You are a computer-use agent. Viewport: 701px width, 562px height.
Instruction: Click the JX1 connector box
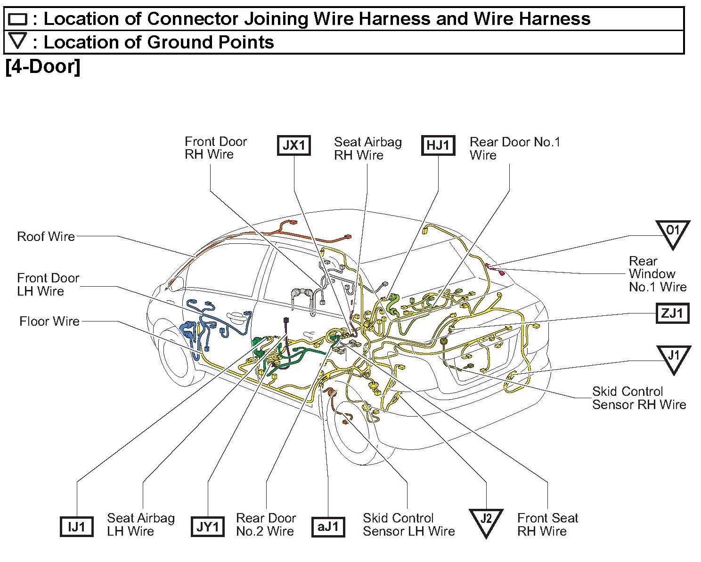293,145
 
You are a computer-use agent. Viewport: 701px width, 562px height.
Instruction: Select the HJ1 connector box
438,145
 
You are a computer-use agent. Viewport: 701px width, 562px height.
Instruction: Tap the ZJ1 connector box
672,313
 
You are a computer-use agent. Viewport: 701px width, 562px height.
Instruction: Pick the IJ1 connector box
77,526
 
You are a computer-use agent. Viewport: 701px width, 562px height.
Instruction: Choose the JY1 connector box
207,526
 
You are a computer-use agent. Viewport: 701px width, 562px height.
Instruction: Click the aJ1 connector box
328,526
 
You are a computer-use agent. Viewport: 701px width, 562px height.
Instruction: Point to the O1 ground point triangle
673,233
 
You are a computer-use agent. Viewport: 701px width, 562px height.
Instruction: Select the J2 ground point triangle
486,521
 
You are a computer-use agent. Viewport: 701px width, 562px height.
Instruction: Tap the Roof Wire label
46,236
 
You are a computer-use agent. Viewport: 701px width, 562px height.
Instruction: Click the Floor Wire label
49,321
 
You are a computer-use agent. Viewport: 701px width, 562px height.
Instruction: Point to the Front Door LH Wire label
48,284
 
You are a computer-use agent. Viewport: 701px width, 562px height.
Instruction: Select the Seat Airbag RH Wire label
367,148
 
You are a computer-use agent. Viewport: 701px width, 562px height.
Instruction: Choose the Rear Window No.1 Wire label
657,273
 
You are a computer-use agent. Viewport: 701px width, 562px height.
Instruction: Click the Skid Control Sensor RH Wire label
639,398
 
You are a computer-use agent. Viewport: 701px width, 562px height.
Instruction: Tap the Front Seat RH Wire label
547,524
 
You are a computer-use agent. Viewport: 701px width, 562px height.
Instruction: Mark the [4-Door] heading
43,66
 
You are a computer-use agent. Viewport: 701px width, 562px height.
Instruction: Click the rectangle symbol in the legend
18,19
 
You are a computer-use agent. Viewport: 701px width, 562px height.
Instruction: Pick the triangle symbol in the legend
18,41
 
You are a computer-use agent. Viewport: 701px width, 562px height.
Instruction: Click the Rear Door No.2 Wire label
266,524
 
